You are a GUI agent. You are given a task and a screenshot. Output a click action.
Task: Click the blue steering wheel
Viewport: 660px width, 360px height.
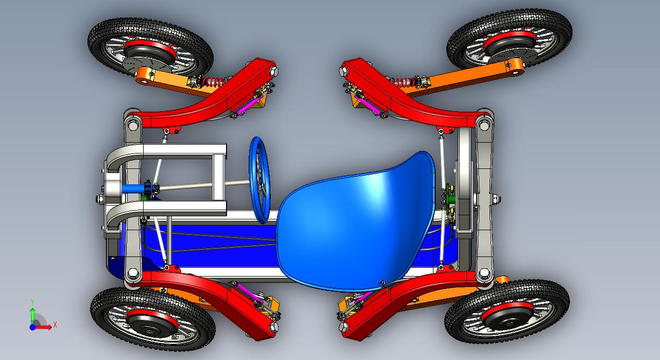tap(259, 180)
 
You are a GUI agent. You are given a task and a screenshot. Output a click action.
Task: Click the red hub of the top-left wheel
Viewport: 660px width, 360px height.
tap(150, 48)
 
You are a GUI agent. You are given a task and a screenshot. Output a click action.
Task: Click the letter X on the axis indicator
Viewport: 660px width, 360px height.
tap(55, 325)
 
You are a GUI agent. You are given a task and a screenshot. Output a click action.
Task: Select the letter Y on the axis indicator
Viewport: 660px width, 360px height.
tap(32, 302)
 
